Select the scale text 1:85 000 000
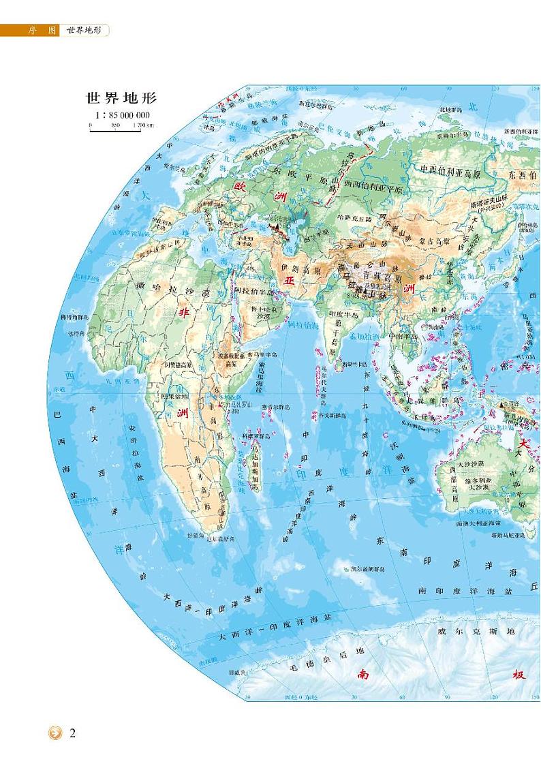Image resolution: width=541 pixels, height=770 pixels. (x=117, y=115)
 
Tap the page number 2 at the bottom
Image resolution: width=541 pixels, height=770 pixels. (x=74, y=734)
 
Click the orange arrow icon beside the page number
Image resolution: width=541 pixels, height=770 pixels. (x=55, y=734)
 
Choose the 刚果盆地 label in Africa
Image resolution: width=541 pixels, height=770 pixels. (x=172, y=397)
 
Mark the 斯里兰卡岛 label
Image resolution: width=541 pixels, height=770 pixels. (x=354, y=365)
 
